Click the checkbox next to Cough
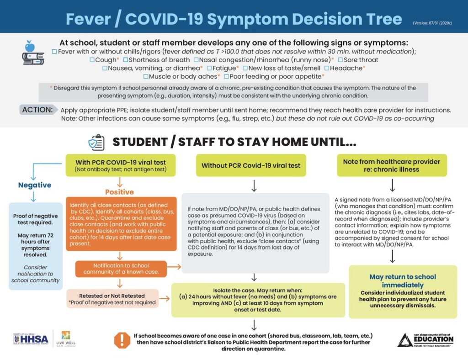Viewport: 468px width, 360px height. pos(92,60)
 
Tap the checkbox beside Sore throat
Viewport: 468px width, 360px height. pos(340,60)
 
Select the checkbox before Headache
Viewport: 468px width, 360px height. pos(327,68)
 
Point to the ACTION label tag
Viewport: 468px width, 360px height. pos(38,110)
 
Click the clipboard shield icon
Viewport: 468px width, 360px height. pos(96,142)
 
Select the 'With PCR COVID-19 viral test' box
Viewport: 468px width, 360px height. pos(120,165)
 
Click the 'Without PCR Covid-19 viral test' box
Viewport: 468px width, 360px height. pos(251,165)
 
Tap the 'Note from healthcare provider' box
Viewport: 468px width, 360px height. pos(391,165)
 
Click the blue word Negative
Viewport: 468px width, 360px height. pos(35,185)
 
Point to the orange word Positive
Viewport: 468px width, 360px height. pos(119,192)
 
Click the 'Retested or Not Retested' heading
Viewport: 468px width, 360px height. pos(112,296)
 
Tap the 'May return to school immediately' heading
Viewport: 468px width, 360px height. pos(403,280)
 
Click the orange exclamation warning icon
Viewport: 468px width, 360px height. pos(122,339)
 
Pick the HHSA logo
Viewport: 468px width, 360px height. pos(31,340)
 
